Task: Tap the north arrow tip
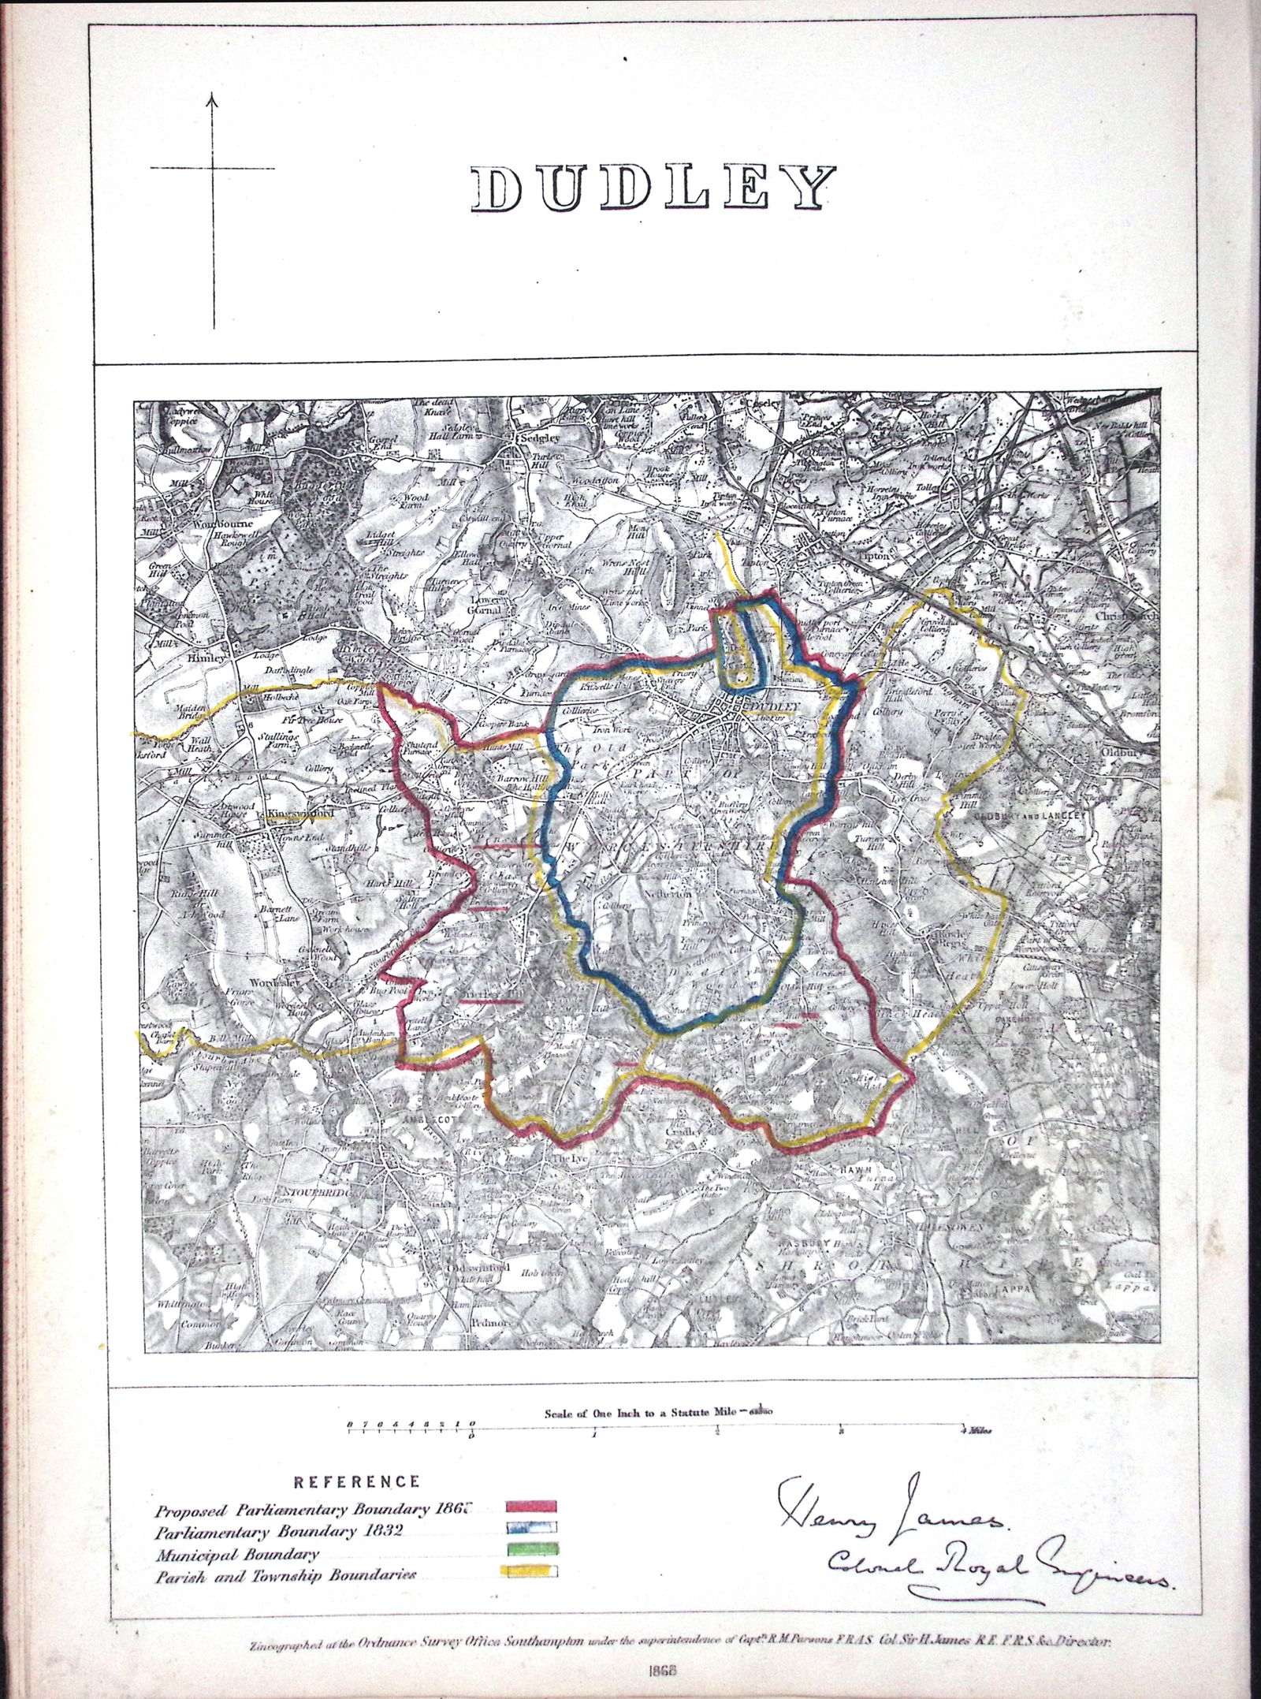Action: pyautogui.click(x=213, y=96)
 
